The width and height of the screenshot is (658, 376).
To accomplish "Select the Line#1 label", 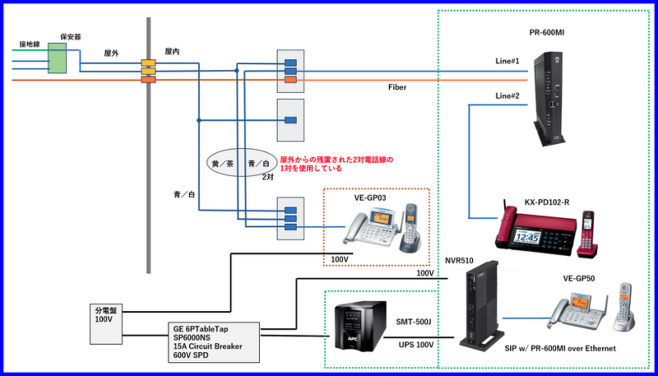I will click(x=507, y=61).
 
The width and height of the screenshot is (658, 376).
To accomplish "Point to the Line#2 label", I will click(x=507, y=96).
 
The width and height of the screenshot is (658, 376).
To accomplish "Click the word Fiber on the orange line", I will click(x=397, y=87).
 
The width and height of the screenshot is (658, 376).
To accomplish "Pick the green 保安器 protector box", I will click(x=57, y=58).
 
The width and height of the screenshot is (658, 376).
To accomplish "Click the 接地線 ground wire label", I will click(x=29, y=45).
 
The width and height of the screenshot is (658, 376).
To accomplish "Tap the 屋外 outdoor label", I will click(x=111, y=53).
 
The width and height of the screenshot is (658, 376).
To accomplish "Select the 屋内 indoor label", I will click(x=172, y=52).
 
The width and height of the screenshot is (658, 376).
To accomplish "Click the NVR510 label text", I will click(x=459, y=261).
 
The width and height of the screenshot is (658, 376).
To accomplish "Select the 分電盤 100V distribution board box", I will click(x=106, y=324).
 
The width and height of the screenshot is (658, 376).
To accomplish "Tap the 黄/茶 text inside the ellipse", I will click(x=223, y=163).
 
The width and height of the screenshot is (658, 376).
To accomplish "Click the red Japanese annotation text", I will click(x=336, y=163).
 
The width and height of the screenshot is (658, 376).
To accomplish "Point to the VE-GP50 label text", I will click(x=579, y=278).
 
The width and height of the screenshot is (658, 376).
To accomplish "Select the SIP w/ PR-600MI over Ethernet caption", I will click(x=560, y=349).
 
